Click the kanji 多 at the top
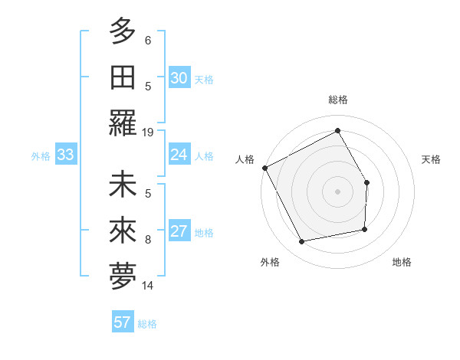(x=123, y=31)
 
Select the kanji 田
(x=123, y=77)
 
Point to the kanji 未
(x=123, y=185)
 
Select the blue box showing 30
(x=179, y=78)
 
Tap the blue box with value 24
(x=179, y=155)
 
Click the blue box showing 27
(x=179, y=232)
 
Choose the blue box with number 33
(x=65, y=155)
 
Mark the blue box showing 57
(x=123, y=322)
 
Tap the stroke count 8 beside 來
(x=148, y=240)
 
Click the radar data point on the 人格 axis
(x=265, y=168)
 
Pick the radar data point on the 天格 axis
(x=367, y=182)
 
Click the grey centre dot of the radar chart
(x=337, y=191)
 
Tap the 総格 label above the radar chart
(x=338, y=100)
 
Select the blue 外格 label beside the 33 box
(x=41, y=156)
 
